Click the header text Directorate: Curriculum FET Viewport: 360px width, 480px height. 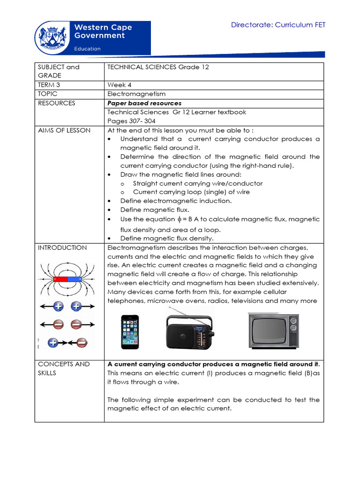click(x=278, y=25)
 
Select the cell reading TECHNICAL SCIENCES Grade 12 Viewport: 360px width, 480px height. click(x=158, y=67)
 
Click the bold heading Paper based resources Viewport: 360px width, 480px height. click(x=144, y=103)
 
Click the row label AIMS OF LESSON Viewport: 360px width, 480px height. click(x=64, y=130)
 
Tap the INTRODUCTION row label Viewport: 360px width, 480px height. click(x=62, y=248)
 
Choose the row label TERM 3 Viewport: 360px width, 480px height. click(x=49, y=85)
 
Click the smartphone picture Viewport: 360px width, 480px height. click(x=130, y=331)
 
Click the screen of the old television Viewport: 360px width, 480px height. click(x=268, y=331)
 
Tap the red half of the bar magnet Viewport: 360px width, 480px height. click(x=60, y=279)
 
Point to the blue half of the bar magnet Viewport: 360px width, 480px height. click(x=75, y=279)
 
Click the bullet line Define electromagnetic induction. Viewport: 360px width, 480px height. click(x=176, y=201)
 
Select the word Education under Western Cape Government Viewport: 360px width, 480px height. click(x=88, y=49)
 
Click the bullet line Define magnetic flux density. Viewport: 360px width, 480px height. click(x=167, y=239)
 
